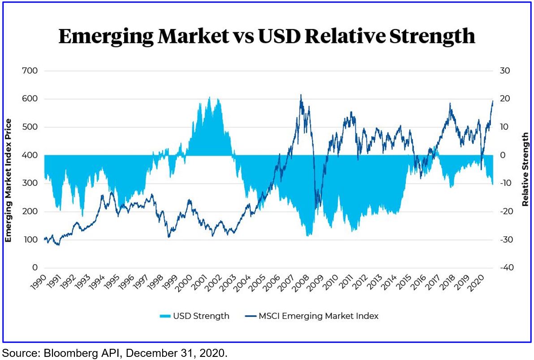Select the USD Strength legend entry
pos(194,316)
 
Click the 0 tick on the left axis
pos(34,268)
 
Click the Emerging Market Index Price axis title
pos(8,181)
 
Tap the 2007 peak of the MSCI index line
pos(301,95)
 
